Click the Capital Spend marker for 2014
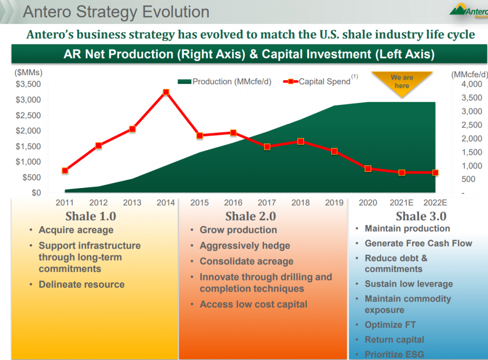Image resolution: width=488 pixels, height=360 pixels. pos(166,92)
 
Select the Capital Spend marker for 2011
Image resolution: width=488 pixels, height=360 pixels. pos(65,170)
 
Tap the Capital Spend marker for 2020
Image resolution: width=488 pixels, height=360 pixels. pos(368,169)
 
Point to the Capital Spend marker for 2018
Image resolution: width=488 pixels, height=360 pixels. pos(301,141)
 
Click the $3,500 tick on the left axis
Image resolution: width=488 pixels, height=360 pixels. pos(28,84)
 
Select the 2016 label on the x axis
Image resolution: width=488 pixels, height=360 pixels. pos(233,203)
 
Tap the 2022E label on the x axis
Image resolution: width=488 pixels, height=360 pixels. pos(435,203)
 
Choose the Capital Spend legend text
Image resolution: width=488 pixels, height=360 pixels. pos(325,82)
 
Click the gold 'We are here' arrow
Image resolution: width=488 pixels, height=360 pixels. pos(402,82)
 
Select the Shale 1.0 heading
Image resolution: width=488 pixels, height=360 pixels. pos(91,216)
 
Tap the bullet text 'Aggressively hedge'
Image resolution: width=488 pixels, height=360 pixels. pos(245,246)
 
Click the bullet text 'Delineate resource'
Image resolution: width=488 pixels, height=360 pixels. pos(81,284)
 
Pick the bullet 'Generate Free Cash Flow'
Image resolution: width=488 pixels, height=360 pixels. pos(418,243)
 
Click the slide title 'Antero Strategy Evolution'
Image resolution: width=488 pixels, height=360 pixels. pos(116,12)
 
